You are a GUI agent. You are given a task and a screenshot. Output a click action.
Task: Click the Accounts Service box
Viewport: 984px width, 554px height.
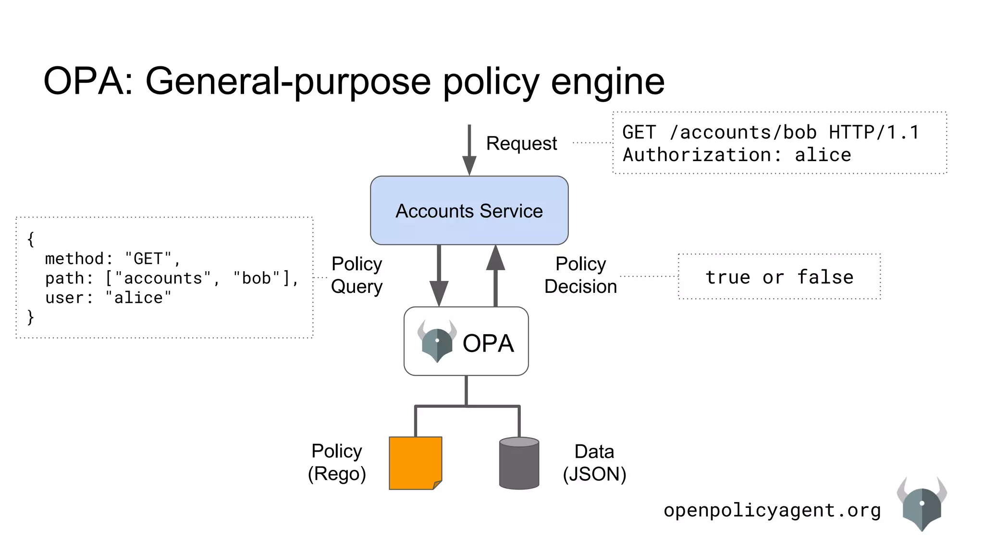pyautogui.click(x=469, y=210)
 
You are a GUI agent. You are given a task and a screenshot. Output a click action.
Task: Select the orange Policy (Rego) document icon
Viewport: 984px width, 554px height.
pyautogui.click(x=415, y=463)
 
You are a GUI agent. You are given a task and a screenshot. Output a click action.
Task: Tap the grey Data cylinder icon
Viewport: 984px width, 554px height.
pyautogui.click(x=519, y=463)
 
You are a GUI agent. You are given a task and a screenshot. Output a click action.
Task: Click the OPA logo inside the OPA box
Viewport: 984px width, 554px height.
pyautogui.click(x=437, y=341)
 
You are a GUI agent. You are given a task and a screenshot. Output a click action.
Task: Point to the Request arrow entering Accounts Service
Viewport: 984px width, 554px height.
pyautogui.click(x=469, y=149)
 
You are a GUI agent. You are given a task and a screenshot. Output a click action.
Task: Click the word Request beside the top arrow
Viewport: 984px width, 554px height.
pyautogui.click(x=521, y=143)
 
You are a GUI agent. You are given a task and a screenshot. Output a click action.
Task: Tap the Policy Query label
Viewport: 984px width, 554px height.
pyautogui.click(x=357, y=275)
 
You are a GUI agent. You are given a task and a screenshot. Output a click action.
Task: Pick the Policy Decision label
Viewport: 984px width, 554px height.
pyautogui.click(x=580, y=275)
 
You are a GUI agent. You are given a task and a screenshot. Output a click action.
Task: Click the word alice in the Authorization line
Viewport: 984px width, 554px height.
pyautogui.click(x=823, y=155)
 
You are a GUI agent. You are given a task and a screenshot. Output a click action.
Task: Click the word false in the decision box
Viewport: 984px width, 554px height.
pyautogui.click(x=825, y=277)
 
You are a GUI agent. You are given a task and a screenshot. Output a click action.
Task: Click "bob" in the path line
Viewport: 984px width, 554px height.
pyautogui.click(x=257, y=278)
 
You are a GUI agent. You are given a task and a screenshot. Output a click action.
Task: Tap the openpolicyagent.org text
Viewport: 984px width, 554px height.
pyautogui.click(x=772, y=510)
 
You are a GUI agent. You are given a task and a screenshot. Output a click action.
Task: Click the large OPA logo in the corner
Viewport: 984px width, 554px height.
pyautogui.click(x=921, y=504)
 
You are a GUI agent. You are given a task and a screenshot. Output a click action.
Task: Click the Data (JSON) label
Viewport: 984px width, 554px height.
pyautogui.click(x=594, y=463)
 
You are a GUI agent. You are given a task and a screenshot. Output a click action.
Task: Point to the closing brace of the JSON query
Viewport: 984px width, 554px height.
pyautogui.click(x=31, y=317)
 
